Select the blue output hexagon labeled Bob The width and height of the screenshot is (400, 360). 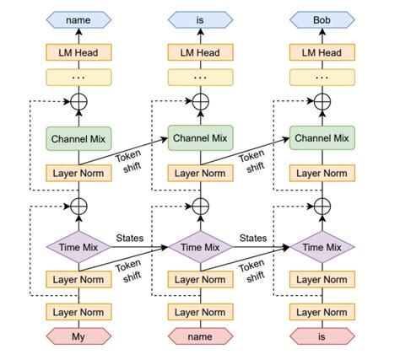coord(322,18)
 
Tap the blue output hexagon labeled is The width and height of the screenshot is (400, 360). coord(200,18)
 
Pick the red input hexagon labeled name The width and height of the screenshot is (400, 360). coord(200,339)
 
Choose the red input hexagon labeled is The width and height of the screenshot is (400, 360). coord(322,339)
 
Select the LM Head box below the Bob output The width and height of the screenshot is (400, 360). coord(322,52)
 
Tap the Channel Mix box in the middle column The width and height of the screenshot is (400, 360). coord(200,137)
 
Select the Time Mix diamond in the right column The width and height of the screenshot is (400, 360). coord(322,247)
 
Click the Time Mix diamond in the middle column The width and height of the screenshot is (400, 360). coord(200,247)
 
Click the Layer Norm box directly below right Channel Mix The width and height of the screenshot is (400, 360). coord(322,174)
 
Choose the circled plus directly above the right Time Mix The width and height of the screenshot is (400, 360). coord(322,205)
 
